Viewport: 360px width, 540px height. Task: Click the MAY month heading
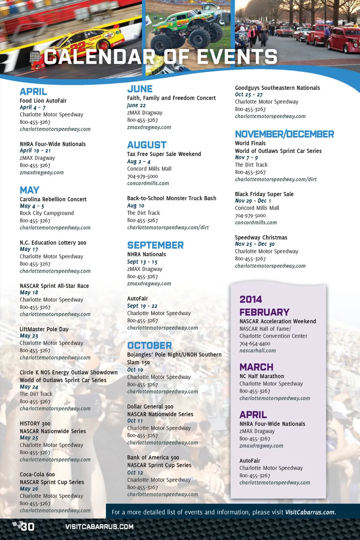(30, 190)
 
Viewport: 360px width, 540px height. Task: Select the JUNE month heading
(140, 89)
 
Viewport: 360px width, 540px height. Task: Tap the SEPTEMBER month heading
(155, 245)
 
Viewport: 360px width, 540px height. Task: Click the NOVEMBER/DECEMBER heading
(284, 134)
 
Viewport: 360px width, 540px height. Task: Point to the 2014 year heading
(250, 299)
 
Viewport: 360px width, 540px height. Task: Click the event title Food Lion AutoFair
(43, 101)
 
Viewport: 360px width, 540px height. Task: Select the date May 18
(29, 292)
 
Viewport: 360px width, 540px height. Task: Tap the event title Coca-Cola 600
(37, 474)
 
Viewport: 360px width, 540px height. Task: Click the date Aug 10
(135, 205)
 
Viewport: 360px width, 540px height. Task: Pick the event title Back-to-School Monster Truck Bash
(171, 198)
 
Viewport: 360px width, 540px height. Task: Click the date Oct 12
(135, 472)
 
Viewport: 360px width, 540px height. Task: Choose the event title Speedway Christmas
(261, 237)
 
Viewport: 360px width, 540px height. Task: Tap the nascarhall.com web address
(258, 351)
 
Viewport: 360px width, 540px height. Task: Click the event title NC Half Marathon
(262, 376)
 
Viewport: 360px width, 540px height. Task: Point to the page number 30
(27, 527)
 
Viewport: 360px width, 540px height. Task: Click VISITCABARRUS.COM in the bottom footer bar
(99, 527)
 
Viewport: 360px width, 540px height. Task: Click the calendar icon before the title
(35, 57)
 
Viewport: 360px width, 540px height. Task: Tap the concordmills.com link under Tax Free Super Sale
(148, 183)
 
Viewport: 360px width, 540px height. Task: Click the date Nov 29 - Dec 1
(253, 201)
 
